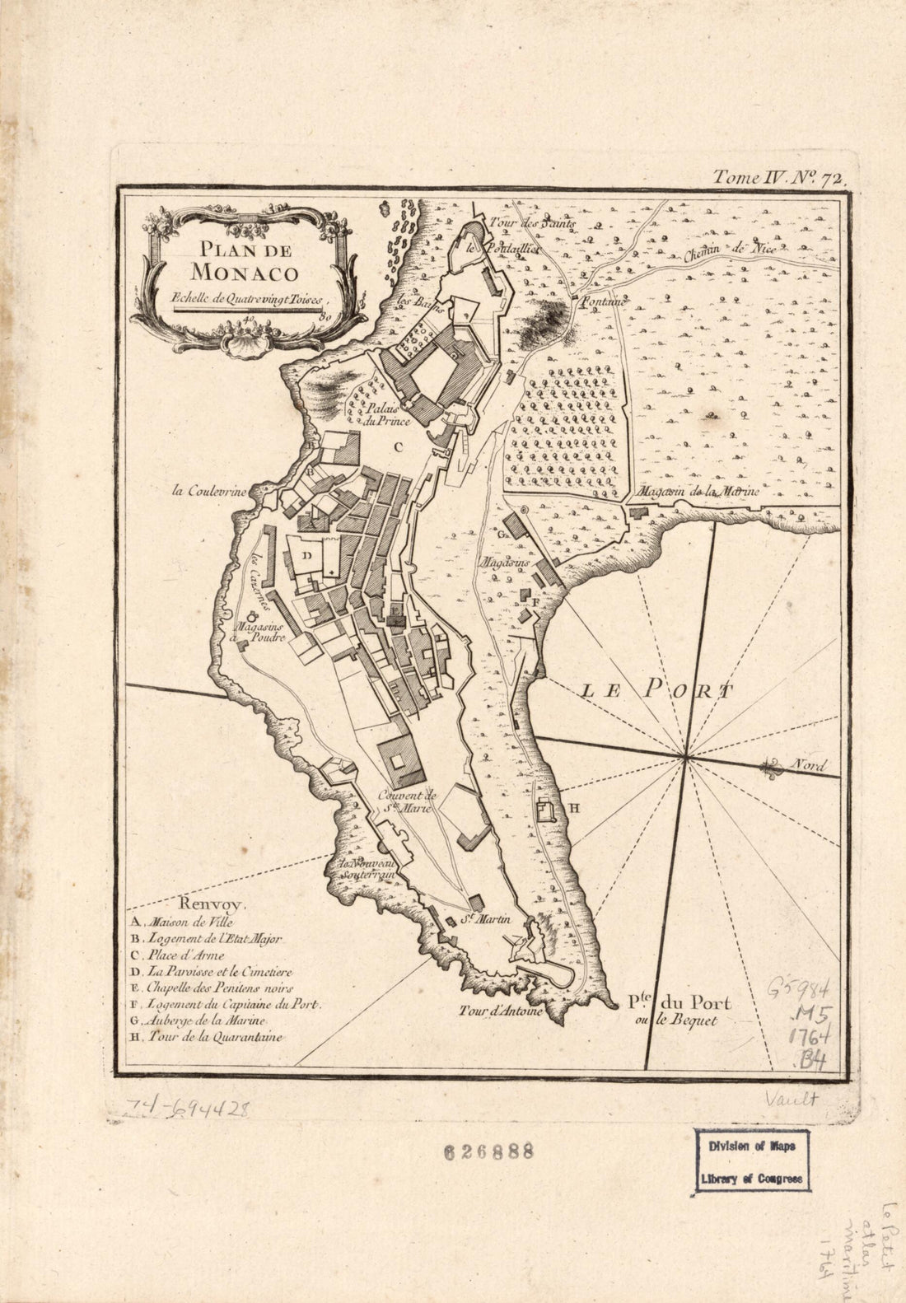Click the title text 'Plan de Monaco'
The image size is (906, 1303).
point(244,259)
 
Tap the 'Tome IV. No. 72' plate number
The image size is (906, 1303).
point(775,175)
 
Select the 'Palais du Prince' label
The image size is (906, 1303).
point(388,414)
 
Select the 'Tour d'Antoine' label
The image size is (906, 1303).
point(501,1011)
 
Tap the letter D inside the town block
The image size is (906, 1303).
point(306,556)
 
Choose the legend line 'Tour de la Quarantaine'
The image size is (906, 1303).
point(208,1038)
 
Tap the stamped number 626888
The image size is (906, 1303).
point(488,1151)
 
